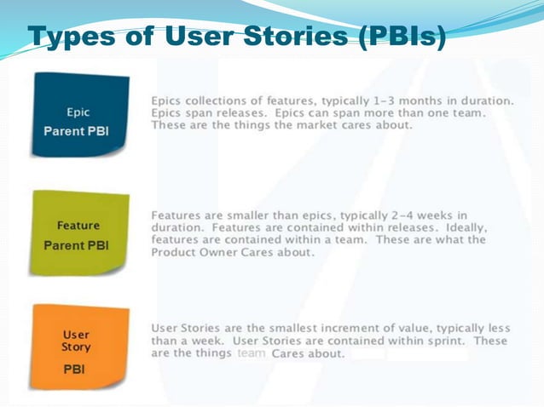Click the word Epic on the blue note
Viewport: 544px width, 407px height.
pyautogui.click(x=78, y=111)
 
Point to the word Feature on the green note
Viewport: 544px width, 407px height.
pyautogui.click(x=78, y=226)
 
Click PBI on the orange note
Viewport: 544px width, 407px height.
pyautogui.click(x=74, y=370)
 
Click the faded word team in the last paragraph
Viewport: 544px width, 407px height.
pyautogui.click(x=252, y=353)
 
